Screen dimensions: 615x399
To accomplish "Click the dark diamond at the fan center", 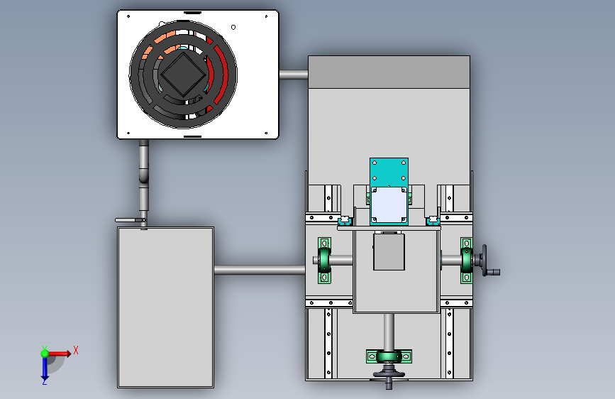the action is (183, 75).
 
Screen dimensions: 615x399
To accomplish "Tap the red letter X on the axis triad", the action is (76, 350).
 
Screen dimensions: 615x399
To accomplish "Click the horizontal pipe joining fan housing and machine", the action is (294, 75).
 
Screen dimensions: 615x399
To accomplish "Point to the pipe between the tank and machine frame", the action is (260, 270).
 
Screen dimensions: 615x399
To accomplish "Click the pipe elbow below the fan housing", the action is (144, 175).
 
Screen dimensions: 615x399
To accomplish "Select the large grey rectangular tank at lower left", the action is (165, 307).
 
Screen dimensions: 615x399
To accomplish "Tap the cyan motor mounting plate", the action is (389, 192).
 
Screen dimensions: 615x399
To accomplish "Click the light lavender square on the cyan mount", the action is (389, 204).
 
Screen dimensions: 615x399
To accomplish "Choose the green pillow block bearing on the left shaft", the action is (324, 261).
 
